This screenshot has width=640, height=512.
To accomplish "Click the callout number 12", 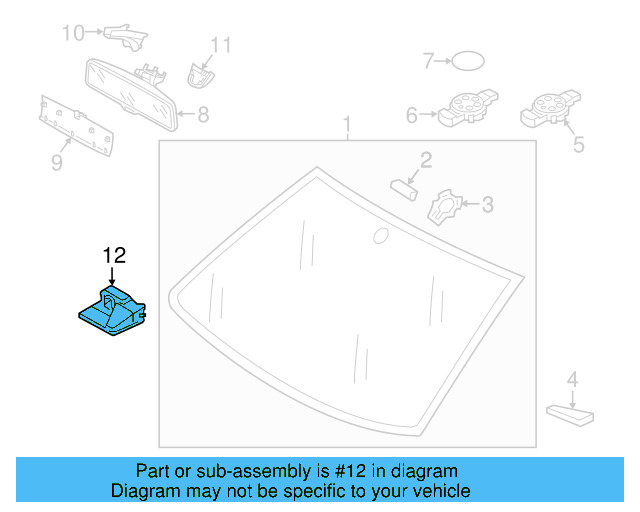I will click(x=114, y=255).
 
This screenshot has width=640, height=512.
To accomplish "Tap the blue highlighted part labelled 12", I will click(x=112, y=310).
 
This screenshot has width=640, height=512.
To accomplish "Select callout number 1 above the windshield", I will click(x=348, y=126).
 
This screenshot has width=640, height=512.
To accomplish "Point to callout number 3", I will click(x=487, y=205).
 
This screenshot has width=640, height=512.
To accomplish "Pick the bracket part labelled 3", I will click(x=443, y=207).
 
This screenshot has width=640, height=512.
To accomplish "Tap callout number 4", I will click(x=572, y=379).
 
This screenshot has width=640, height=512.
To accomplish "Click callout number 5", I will click(x=578, y=146).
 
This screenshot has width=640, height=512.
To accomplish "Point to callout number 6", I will click(x=411, y=115).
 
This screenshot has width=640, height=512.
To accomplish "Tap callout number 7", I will click(x=427, y=62).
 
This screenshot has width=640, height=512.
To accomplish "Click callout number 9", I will click(x=56, y=161).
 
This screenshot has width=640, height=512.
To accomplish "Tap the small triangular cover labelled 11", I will click(x=199, y=72).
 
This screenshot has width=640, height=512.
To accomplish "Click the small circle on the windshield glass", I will click(x=379, y=236).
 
